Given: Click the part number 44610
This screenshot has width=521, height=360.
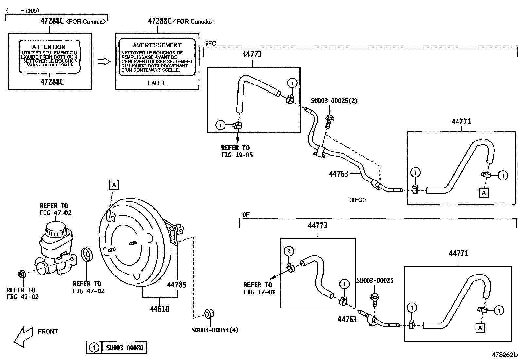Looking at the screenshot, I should point(159,309).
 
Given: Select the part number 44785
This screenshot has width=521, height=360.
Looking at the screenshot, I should point(176,285).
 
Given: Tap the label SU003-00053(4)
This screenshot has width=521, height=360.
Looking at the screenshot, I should point(215,330).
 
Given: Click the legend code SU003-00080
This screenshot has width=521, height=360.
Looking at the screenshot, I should point(125,348).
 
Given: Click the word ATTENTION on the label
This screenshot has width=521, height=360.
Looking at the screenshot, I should point(49,47).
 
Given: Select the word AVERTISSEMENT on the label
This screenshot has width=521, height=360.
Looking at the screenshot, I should point(157,45).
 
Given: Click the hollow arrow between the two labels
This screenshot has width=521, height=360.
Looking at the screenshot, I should point(104,61).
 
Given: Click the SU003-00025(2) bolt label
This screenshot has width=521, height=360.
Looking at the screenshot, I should point(334,101).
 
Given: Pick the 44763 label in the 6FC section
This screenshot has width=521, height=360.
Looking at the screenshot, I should point(338,174).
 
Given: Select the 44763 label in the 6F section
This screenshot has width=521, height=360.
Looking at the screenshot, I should point(347,319).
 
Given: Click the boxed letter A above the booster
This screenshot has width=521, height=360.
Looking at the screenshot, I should point(114,185).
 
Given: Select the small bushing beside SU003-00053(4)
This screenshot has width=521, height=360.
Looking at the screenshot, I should point(209,313).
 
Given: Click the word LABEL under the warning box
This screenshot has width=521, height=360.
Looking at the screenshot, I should point(157,83).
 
